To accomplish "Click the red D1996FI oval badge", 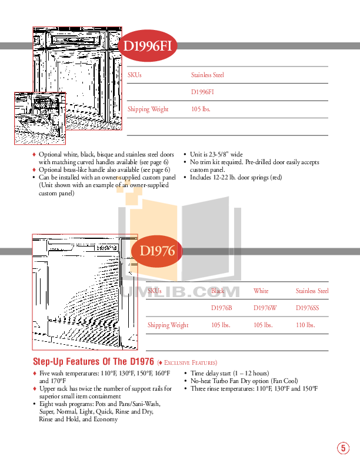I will (x=147, y=46).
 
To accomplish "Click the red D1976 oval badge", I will (x=157, y=251).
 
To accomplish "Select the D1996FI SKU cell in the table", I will (x=202, y=92).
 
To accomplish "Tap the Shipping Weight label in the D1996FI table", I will (x=148, y=109).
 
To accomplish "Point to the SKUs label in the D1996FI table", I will (x=135, y=75).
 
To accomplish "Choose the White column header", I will (x=261, y=291).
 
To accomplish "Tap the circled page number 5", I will (x=343, y=448).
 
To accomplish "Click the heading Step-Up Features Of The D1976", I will (x=93, y=361).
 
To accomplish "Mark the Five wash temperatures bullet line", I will (x=104, y=373).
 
